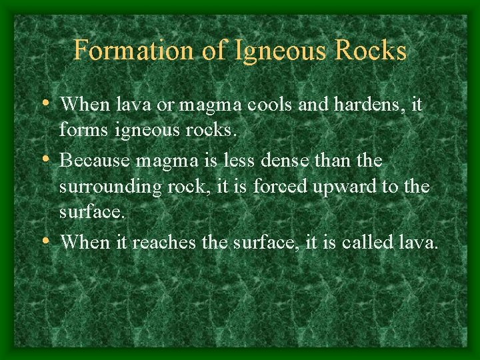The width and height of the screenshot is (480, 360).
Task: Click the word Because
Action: click(x=94, y=161)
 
